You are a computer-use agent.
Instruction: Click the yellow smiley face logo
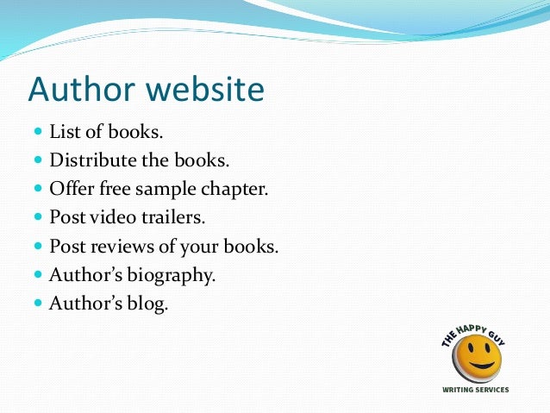click(478, 359)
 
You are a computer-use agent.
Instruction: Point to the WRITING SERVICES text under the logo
click(475, 390)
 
